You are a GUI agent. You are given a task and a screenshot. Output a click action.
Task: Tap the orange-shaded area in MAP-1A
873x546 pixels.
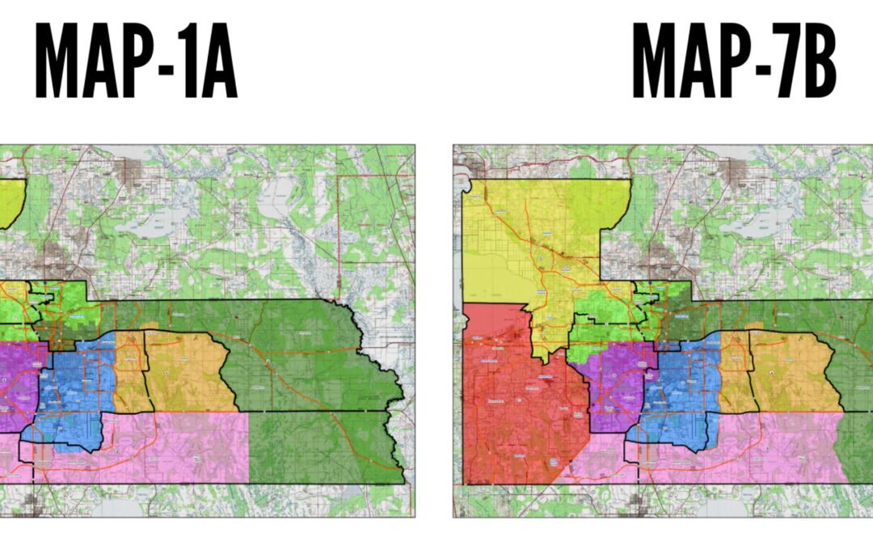[186, 372]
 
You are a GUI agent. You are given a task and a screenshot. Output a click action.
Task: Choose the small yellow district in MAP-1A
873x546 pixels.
[10, 202]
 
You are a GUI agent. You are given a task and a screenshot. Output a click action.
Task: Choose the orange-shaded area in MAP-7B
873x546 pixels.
[792, 372]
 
